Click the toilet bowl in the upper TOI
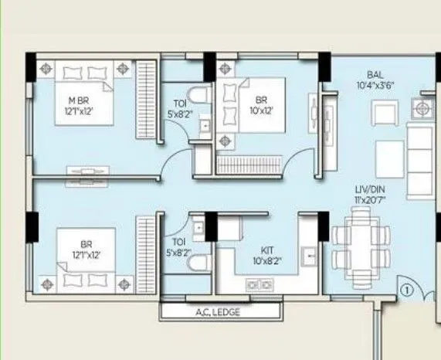[200, 96]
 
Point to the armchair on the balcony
[384, 114]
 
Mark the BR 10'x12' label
[261, 104]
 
